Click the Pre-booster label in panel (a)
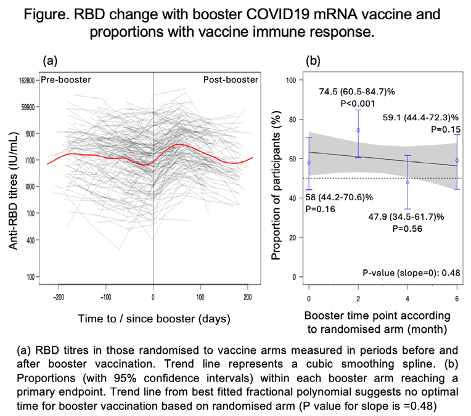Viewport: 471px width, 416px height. click(66, 80)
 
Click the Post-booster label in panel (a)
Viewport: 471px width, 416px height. click(231, 80)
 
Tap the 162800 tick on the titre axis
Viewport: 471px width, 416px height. click(27, 81)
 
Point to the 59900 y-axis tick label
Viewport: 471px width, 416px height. click(28, 107)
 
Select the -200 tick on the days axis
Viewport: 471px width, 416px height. click(59, 297)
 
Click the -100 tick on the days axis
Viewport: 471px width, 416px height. click(106, 297)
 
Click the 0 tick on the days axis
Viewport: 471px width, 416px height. click(153, 297)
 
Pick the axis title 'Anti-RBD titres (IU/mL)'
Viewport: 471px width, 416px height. click(12, 191)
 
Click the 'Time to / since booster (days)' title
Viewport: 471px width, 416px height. click(154, 319)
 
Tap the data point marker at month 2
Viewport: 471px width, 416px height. click(358, 130)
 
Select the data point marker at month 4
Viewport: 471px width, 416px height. click(408, 182)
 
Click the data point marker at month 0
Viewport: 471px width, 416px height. click(309, 163)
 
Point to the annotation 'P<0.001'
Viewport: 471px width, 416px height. click(358, 104)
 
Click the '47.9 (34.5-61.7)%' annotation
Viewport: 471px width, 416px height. click(406, 216)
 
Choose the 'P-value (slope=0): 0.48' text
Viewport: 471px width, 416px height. click(412, 273)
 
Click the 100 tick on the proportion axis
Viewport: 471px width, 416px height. click(291, 80)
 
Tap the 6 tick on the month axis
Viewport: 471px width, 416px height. click(457, 299)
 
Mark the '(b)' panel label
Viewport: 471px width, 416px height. click(313, 60)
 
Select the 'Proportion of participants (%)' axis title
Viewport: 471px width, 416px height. click(276, 185)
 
